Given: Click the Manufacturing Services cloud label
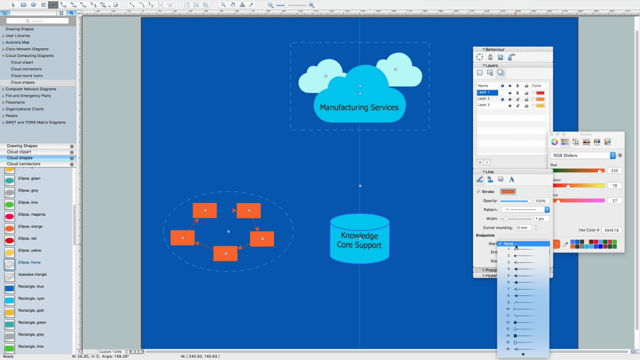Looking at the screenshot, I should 359,108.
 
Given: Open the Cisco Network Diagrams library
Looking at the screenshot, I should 27,49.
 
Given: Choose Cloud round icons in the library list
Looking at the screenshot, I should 27,76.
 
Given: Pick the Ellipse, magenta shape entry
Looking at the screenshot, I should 31,215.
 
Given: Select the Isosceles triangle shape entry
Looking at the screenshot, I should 32,275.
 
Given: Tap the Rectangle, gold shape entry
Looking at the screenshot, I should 31,311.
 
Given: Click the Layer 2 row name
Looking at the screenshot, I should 484,99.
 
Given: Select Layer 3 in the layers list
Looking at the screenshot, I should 484,105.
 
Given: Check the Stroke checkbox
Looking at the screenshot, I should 479,191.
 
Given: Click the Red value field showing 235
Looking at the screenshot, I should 614,170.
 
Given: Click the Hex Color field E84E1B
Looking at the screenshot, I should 611,230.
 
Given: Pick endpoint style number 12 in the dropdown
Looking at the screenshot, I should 523,322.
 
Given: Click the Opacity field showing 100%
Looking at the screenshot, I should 541,201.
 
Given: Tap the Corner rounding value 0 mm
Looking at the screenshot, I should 523,227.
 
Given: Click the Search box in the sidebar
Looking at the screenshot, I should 37,21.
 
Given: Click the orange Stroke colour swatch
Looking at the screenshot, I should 508,191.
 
